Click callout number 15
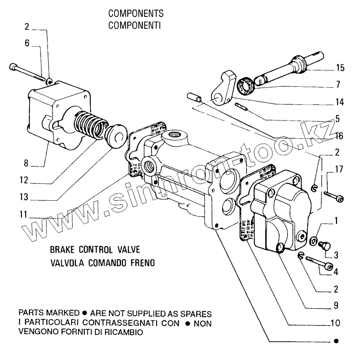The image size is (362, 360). pyautogui.click(x=340, y=68)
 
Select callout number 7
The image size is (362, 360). pyautogui.click(x=338, y=84)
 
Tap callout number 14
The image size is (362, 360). pyautogui.click(x=340, y=102)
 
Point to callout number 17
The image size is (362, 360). pyautogui.click(x=339, y=169)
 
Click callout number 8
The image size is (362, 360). pyautogui.click(x=26, y=163)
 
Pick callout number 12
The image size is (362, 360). pyautogui.click(x=24, y=180)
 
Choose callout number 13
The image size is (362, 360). pyautogui.click(x=24, y=197)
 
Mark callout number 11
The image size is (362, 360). pyautogui.click(x=23, y=214)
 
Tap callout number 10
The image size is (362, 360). pyautogui.click(x=336, y=323)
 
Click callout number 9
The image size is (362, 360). pyautogui.click(x=336, y=305)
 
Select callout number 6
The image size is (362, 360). pyautogui.click(x=27, y=43)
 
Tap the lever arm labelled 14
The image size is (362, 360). pyautogui.click(x=223, y=89)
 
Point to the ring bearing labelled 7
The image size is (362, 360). pyautogui.click(x=246, y=86)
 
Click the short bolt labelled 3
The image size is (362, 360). pyautogui.click(x=325, y=245)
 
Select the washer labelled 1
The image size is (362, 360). pyautogui.click(x=313, y=241)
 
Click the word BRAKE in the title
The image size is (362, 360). pyautogui.click(x=62, y=250)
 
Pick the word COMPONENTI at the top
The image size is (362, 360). pyautogui.click(x=135, y=25)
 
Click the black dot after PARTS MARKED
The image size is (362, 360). pyautogui.click(x=85, y=313)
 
